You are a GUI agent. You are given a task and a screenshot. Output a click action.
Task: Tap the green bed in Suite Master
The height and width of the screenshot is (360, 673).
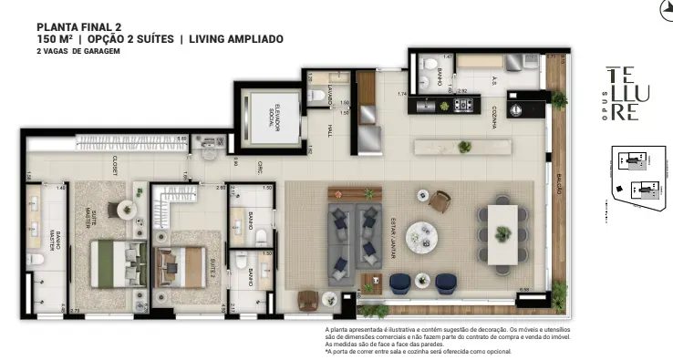pyautogui.click(x=115, y=262)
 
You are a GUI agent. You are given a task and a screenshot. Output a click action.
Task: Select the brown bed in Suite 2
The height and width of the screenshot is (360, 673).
pyautogui.click(x=181, y=267)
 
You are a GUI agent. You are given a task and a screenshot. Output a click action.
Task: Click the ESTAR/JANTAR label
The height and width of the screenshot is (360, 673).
pyautogui.click(x=390, y=242)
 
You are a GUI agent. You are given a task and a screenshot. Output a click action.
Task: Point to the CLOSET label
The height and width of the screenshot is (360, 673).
pyautogui.click(x=116, y=165)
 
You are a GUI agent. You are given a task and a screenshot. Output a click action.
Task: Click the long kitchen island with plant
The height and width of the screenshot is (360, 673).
pyautogui.click(x=455, y=147)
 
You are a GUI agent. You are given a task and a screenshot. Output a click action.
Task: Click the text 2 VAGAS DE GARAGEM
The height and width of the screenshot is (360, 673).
pyautogui.click(x=72, y=52)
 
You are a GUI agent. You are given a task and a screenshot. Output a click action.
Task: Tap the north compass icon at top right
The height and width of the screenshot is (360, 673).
pyautogui.click(x=665, y=10)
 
